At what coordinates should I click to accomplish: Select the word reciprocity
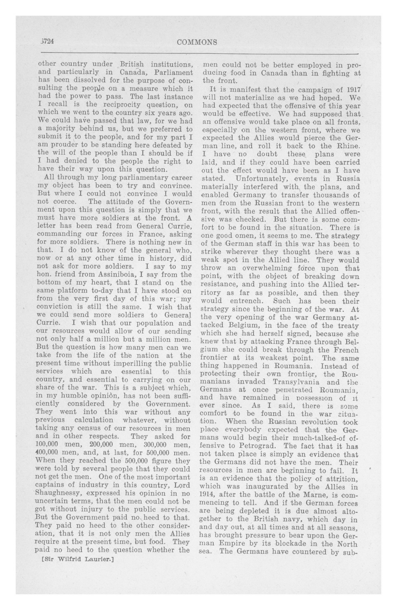[x=121, y=105]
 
